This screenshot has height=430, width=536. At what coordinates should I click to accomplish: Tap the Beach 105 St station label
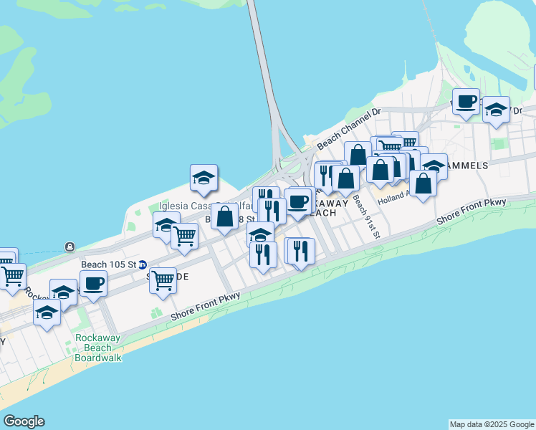point(109,264)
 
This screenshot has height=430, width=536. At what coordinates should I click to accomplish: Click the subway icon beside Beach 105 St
point(143,264)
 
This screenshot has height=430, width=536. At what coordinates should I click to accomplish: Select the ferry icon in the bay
point(70,247)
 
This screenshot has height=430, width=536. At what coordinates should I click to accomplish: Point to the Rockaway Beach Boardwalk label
point(94,348)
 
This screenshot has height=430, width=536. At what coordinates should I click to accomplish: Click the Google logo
point(24,421)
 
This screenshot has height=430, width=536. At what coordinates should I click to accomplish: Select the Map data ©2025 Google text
point(492,424)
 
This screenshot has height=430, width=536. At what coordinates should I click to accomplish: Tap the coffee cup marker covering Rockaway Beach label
point(297,201)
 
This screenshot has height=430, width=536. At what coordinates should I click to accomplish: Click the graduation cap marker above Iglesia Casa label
point(204,178)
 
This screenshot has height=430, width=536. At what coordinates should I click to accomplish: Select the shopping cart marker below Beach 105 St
point(163,279)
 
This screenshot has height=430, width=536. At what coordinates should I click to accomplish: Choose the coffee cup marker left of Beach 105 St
point(93,284)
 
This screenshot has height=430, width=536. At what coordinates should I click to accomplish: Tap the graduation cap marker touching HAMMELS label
point(433,166)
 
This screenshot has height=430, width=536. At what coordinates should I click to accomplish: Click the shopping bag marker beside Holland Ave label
point(423,183)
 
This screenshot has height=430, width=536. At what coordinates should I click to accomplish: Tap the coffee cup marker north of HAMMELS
point(466,101)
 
